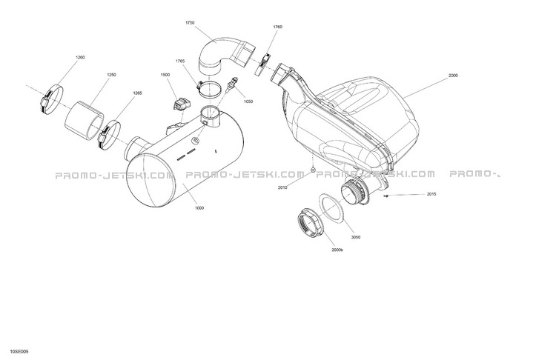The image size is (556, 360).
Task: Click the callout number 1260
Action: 81,57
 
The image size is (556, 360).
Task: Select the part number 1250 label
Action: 112,75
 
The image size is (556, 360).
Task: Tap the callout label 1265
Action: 138,93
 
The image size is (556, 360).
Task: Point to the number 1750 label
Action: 190,23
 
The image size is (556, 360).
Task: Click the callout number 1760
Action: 278,27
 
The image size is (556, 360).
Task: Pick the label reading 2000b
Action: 337,250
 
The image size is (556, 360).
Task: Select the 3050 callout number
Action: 356,237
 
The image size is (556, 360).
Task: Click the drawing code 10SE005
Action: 19,352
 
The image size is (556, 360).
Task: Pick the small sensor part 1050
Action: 231,84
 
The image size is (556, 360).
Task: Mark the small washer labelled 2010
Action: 313,170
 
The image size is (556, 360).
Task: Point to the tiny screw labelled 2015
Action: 385,196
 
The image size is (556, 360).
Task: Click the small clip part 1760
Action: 263,64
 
